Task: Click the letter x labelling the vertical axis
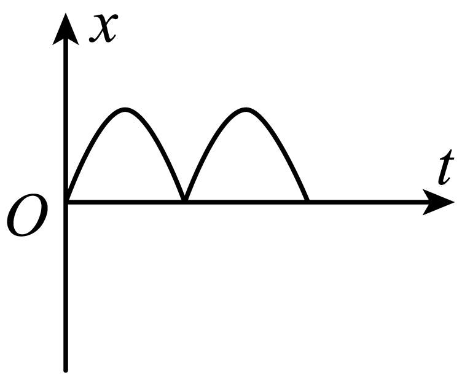tap(103, 28)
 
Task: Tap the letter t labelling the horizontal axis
tap(445, 167)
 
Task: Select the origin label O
tap(27, 214)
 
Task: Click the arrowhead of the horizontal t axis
tap(439, 202)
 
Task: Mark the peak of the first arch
tap(125, 109)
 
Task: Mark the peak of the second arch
tap(246, 109)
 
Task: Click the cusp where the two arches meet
tap(186, 200)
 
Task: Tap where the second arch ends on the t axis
tap(307, 201)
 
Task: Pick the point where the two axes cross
tap(66, 202)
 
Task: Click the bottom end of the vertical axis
tap(66, 371)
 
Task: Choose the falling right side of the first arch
tap(159, 144)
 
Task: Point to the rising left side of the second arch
tap(211, 144)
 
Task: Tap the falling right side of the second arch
tap(280, 144)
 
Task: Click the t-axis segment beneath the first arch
tap(125, 202)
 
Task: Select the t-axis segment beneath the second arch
tap(246, 202)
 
